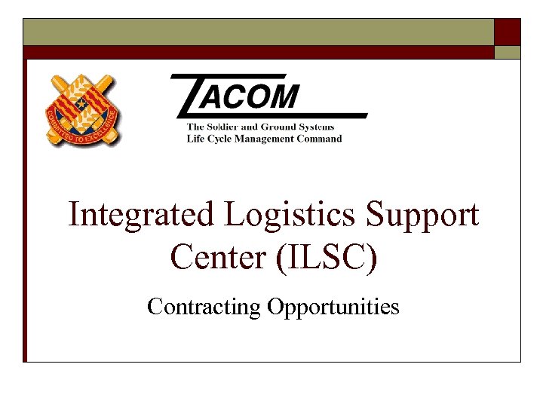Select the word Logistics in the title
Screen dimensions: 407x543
tap(293, 216)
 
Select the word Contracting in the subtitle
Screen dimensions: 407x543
tap(204, 307)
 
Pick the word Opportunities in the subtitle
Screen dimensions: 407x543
tap(333, 307)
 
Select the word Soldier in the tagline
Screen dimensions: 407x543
tap(232, 127)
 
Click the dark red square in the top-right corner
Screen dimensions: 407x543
tap(508, 32)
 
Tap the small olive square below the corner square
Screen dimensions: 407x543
tap(508, 52)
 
